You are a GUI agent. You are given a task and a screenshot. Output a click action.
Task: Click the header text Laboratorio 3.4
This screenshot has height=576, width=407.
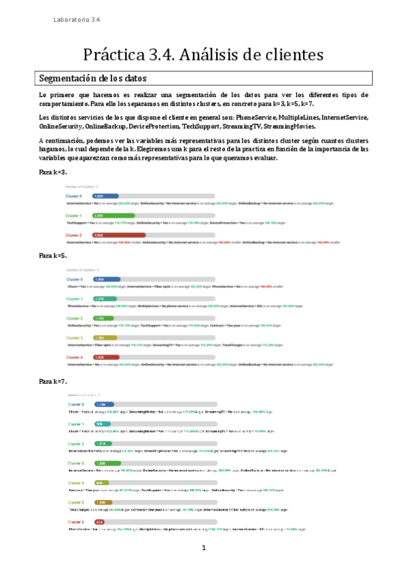[x=77, y=20]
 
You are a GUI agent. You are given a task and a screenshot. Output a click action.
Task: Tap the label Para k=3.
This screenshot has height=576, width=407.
[x=54, y=173]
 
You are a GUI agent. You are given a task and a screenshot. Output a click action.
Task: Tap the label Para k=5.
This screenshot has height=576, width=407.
[x=54, y=255]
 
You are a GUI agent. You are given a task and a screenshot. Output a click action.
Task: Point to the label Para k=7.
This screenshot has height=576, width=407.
[x=54, y=382]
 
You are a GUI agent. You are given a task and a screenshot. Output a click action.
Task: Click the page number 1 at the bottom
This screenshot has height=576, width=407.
[x=202, y=547]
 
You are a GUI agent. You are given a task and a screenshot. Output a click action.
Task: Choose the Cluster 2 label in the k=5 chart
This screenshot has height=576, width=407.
[x=75, y=318]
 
